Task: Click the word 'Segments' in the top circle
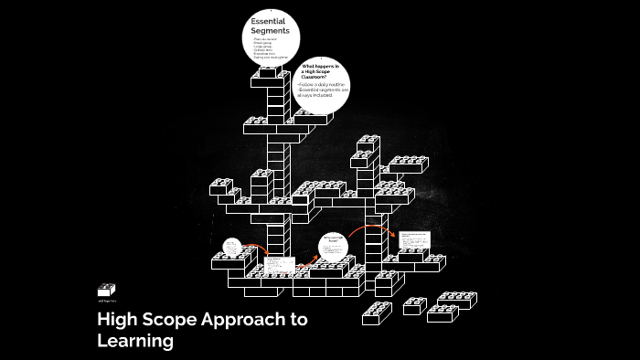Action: tap(271, 31)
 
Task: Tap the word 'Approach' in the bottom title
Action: tap(233, 320)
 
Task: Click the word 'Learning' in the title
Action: tap(134, 342)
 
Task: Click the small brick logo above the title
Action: tap(107, 290)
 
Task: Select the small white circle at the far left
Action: tap(232, 248)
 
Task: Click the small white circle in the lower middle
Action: tap(335, 244)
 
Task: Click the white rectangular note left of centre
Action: tap(280, 266)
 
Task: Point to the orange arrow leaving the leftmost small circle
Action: tap(257, 249)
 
